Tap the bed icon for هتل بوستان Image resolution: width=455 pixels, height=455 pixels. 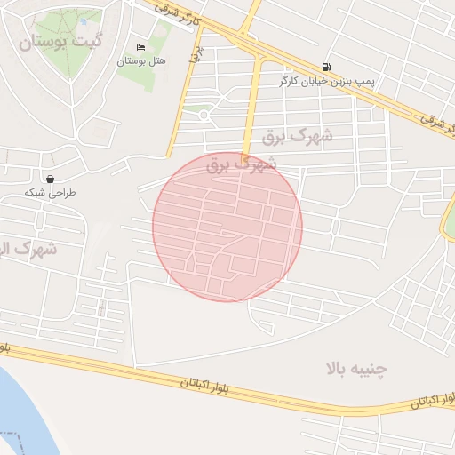(x=140, y=48)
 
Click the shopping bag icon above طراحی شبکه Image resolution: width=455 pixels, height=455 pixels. (x=50, y=179)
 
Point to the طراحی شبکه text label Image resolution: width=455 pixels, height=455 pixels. (x=51, y=192)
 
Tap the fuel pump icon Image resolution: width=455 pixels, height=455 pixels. (x=326, y=67)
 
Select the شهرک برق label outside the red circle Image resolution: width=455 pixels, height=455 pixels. (x=299, y=137)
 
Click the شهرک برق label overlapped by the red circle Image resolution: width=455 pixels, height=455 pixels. (x=242, y=164)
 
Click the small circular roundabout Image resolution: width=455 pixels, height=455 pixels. (x=204, y=115)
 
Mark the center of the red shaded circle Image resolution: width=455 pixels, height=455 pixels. (x=227, y=227)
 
